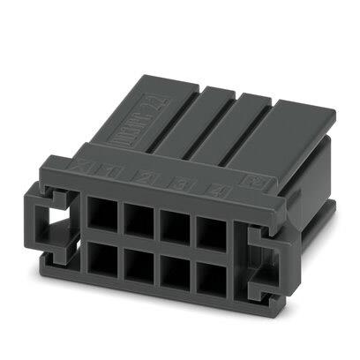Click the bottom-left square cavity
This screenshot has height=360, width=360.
coord(100,262)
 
